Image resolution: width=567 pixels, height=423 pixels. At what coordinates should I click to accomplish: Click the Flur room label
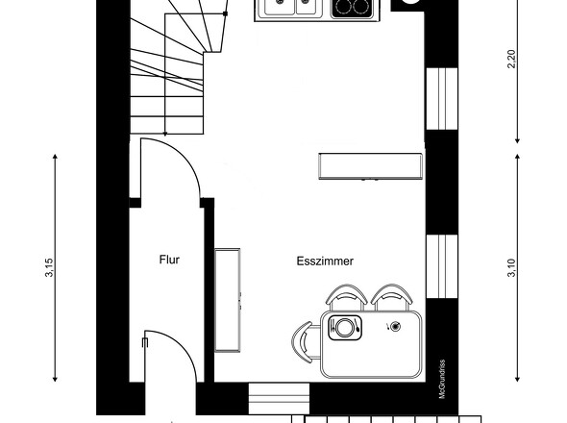point(169,260)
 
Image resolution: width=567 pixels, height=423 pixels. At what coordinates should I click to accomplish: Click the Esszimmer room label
point(325,261)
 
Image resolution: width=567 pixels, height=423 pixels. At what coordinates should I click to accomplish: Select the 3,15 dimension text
point(49,267)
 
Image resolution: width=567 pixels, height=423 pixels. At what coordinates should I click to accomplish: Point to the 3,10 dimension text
point(511,268)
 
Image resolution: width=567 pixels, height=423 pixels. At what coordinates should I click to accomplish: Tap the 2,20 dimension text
point(511,59)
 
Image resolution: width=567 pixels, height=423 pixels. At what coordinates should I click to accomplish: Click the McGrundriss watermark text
point(442,379)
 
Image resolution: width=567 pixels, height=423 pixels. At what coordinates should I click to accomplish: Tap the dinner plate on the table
point(344,328)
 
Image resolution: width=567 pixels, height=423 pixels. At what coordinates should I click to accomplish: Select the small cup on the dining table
point(396,327)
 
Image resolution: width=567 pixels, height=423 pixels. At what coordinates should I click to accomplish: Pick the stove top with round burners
point(352,9)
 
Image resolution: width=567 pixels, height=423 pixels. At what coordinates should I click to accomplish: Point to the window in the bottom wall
point(279,399)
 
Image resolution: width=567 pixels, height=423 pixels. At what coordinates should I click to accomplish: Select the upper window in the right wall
point(442,98)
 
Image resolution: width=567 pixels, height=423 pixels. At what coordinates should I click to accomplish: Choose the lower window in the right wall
point(442,266)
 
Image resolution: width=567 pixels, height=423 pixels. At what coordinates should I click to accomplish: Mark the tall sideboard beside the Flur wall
point(228,300)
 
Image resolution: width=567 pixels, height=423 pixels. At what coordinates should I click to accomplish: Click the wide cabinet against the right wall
point(370,166)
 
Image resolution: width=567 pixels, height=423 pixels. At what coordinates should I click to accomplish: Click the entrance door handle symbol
point(145,342)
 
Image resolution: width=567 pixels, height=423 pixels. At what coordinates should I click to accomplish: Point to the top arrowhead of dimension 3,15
point(55,157)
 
